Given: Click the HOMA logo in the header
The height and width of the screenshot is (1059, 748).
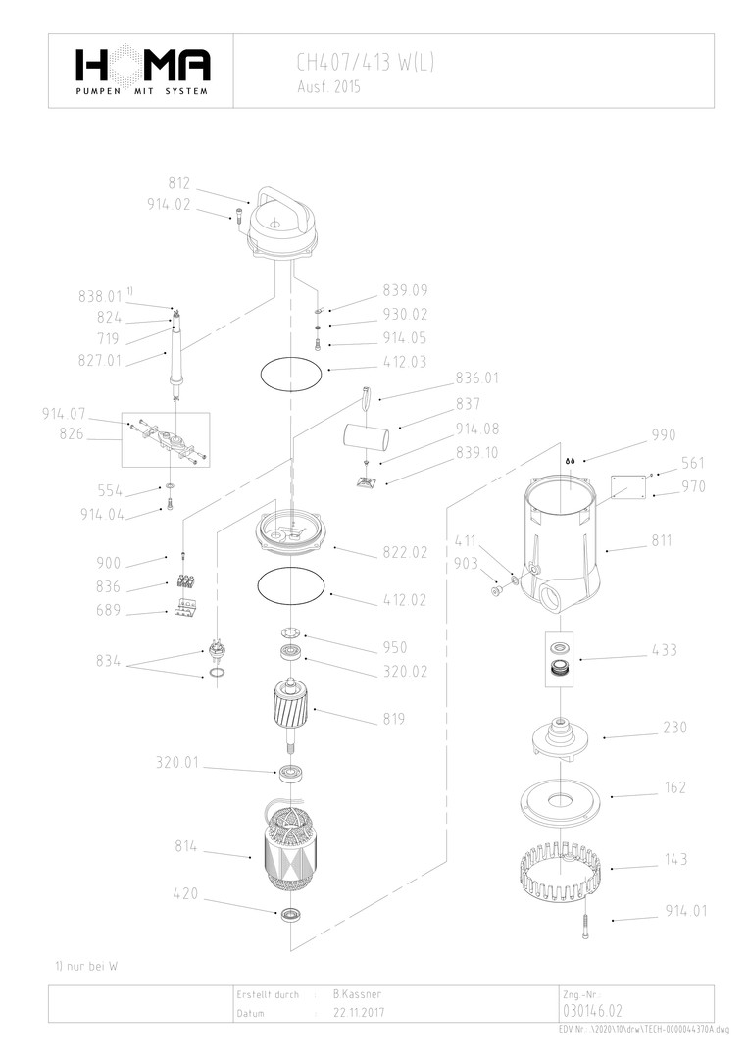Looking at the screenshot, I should point(142,69).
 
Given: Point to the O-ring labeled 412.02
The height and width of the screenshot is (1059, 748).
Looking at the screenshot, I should point(291,586).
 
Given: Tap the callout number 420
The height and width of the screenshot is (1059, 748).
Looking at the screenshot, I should point(187,893).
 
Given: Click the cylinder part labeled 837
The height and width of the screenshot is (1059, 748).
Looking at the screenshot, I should point(366,431).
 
